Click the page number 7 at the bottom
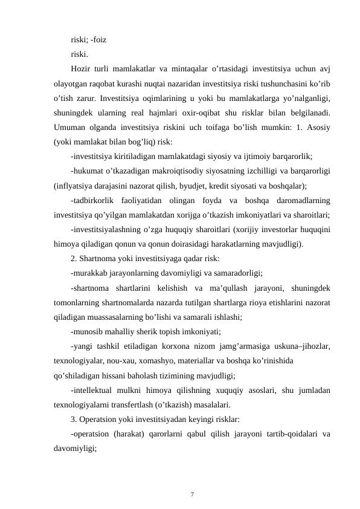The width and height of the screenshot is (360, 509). tap(191, 494)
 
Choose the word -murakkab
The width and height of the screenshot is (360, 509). tap(90, 271)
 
